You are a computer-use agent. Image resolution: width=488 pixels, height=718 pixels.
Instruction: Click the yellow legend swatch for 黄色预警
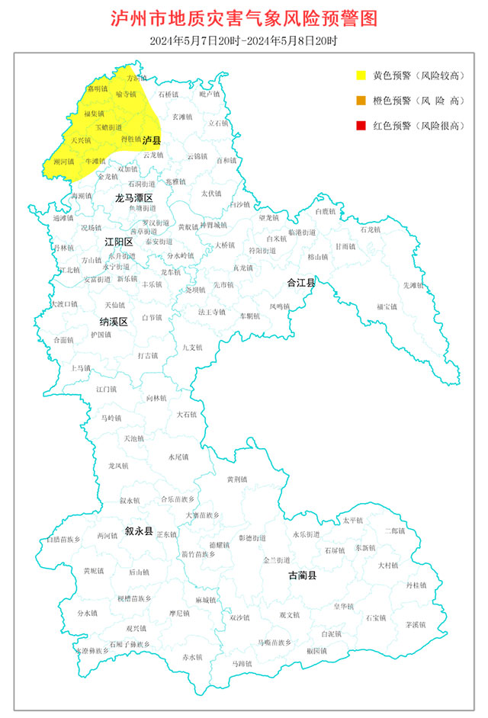click(361, 75)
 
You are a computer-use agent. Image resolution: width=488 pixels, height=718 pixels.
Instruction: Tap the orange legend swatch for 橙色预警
click(361, 100)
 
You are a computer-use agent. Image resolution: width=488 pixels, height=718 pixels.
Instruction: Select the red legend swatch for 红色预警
click(361, 125)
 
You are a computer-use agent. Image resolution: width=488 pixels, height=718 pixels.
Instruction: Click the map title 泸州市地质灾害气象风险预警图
click(244, 18)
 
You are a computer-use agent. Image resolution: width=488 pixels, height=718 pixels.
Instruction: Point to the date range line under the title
click(244, 40)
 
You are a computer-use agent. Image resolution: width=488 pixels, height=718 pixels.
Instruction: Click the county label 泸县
click(152, 141)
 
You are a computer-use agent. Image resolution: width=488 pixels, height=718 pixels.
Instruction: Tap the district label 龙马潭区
click(134, 197)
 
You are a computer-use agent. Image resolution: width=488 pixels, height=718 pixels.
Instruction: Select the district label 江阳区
click(118, 242)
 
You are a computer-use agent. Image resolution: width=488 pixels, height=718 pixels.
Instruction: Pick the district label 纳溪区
click(113, 321)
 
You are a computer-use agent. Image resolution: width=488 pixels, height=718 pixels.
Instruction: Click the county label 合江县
click(301, 282)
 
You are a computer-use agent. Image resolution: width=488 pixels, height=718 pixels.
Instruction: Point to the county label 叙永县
click(140, 530)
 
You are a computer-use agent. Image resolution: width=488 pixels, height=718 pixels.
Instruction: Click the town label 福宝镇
click(387, 306)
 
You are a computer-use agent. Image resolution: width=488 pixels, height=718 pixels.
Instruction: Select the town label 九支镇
click(192, 348)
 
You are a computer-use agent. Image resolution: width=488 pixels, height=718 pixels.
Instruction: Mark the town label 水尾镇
click(178, 457)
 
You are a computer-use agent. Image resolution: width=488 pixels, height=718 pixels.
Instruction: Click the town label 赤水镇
click(192, 656)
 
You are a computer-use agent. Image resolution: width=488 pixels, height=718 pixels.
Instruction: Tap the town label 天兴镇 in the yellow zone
click(80, 140)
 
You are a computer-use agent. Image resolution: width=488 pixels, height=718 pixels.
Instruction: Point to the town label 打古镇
click(148, 355)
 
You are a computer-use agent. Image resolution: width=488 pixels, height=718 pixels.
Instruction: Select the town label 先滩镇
click(413, 285)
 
